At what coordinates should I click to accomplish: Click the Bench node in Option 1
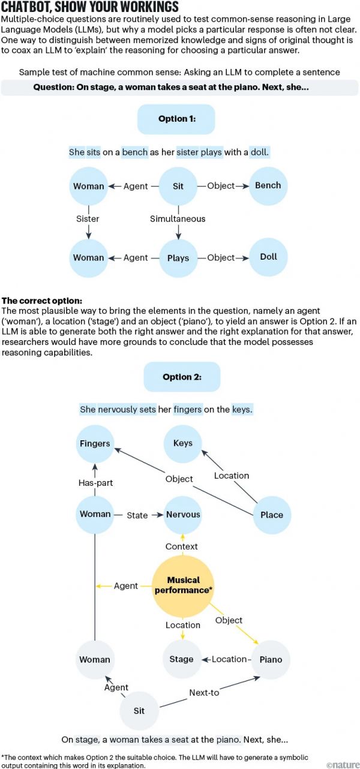pos(268,186)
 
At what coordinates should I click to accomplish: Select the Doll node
pos(268,257)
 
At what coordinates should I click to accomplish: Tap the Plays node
pos(178,258)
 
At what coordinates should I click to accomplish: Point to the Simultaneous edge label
pos(178,219)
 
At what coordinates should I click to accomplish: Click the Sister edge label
pos(88,219)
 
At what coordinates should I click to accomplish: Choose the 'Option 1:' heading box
pos(177,119)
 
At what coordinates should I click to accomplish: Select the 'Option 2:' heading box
pos(182,377)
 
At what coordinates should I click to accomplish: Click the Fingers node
pos(95,444)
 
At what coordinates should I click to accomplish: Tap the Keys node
pos(182,443)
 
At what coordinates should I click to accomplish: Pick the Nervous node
pos(183,515)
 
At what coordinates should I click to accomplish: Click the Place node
pos(272,515)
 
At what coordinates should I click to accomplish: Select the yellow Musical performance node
pos(182,585)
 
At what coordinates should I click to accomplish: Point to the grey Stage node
pos(181,659)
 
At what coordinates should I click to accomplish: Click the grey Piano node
pos(270,659)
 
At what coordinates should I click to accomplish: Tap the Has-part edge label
pos(95,482)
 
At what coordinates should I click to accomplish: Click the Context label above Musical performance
pos(182,546)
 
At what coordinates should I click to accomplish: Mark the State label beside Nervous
pos(137,515)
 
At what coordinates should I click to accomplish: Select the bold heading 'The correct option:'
pos(42,300)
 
